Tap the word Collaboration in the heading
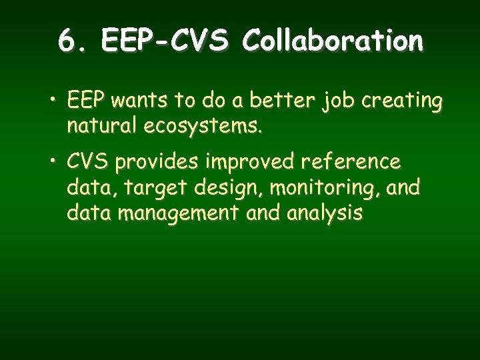pyautogui.click(x=333, y=41)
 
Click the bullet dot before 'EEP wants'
pyautogui.click(x=53, y=101)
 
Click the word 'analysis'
pyautogui.click(x=324, y=214)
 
